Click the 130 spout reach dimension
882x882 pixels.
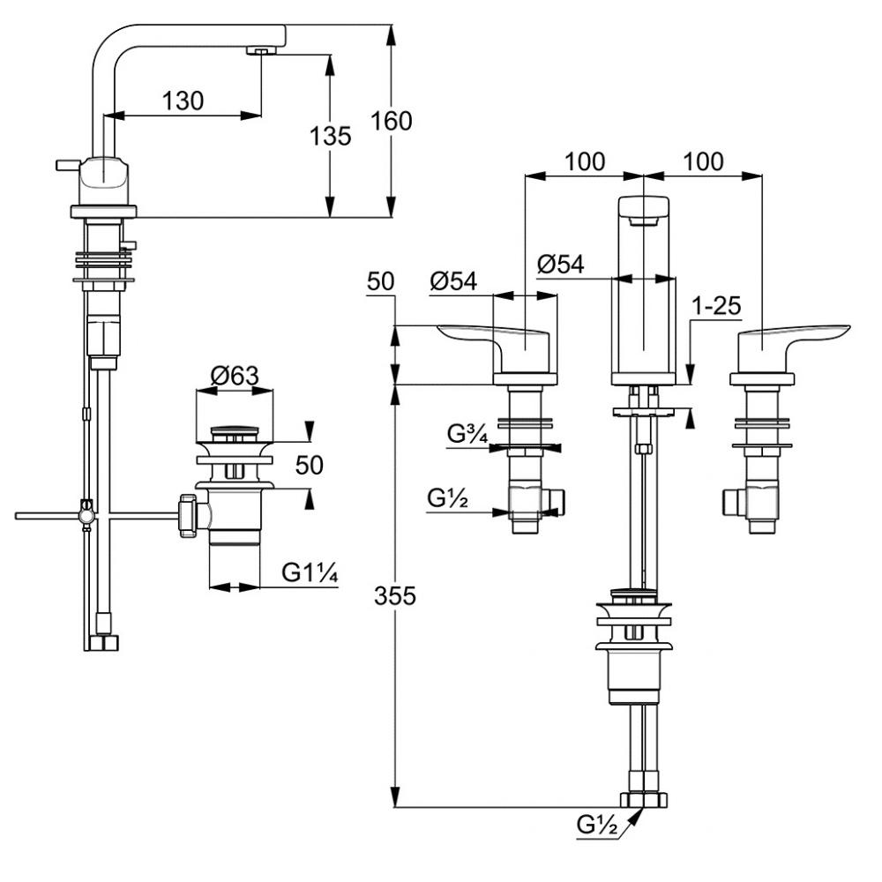[183, 101]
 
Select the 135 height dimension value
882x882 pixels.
[331, 136]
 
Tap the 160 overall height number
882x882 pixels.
[392, 121]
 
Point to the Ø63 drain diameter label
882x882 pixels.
[234, 376]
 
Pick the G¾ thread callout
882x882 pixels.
[467, 434]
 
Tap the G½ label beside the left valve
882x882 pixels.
[446, 498]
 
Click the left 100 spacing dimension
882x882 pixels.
[585, 161]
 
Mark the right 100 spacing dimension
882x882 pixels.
[702, 161]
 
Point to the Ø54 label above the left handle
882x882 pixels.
[453, 280]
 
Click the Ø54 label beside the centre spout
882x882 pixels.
[560, 264]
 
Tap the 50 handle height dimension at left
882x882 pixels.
[380, 282]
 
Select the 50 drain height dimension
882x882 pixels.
[310, 465]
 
